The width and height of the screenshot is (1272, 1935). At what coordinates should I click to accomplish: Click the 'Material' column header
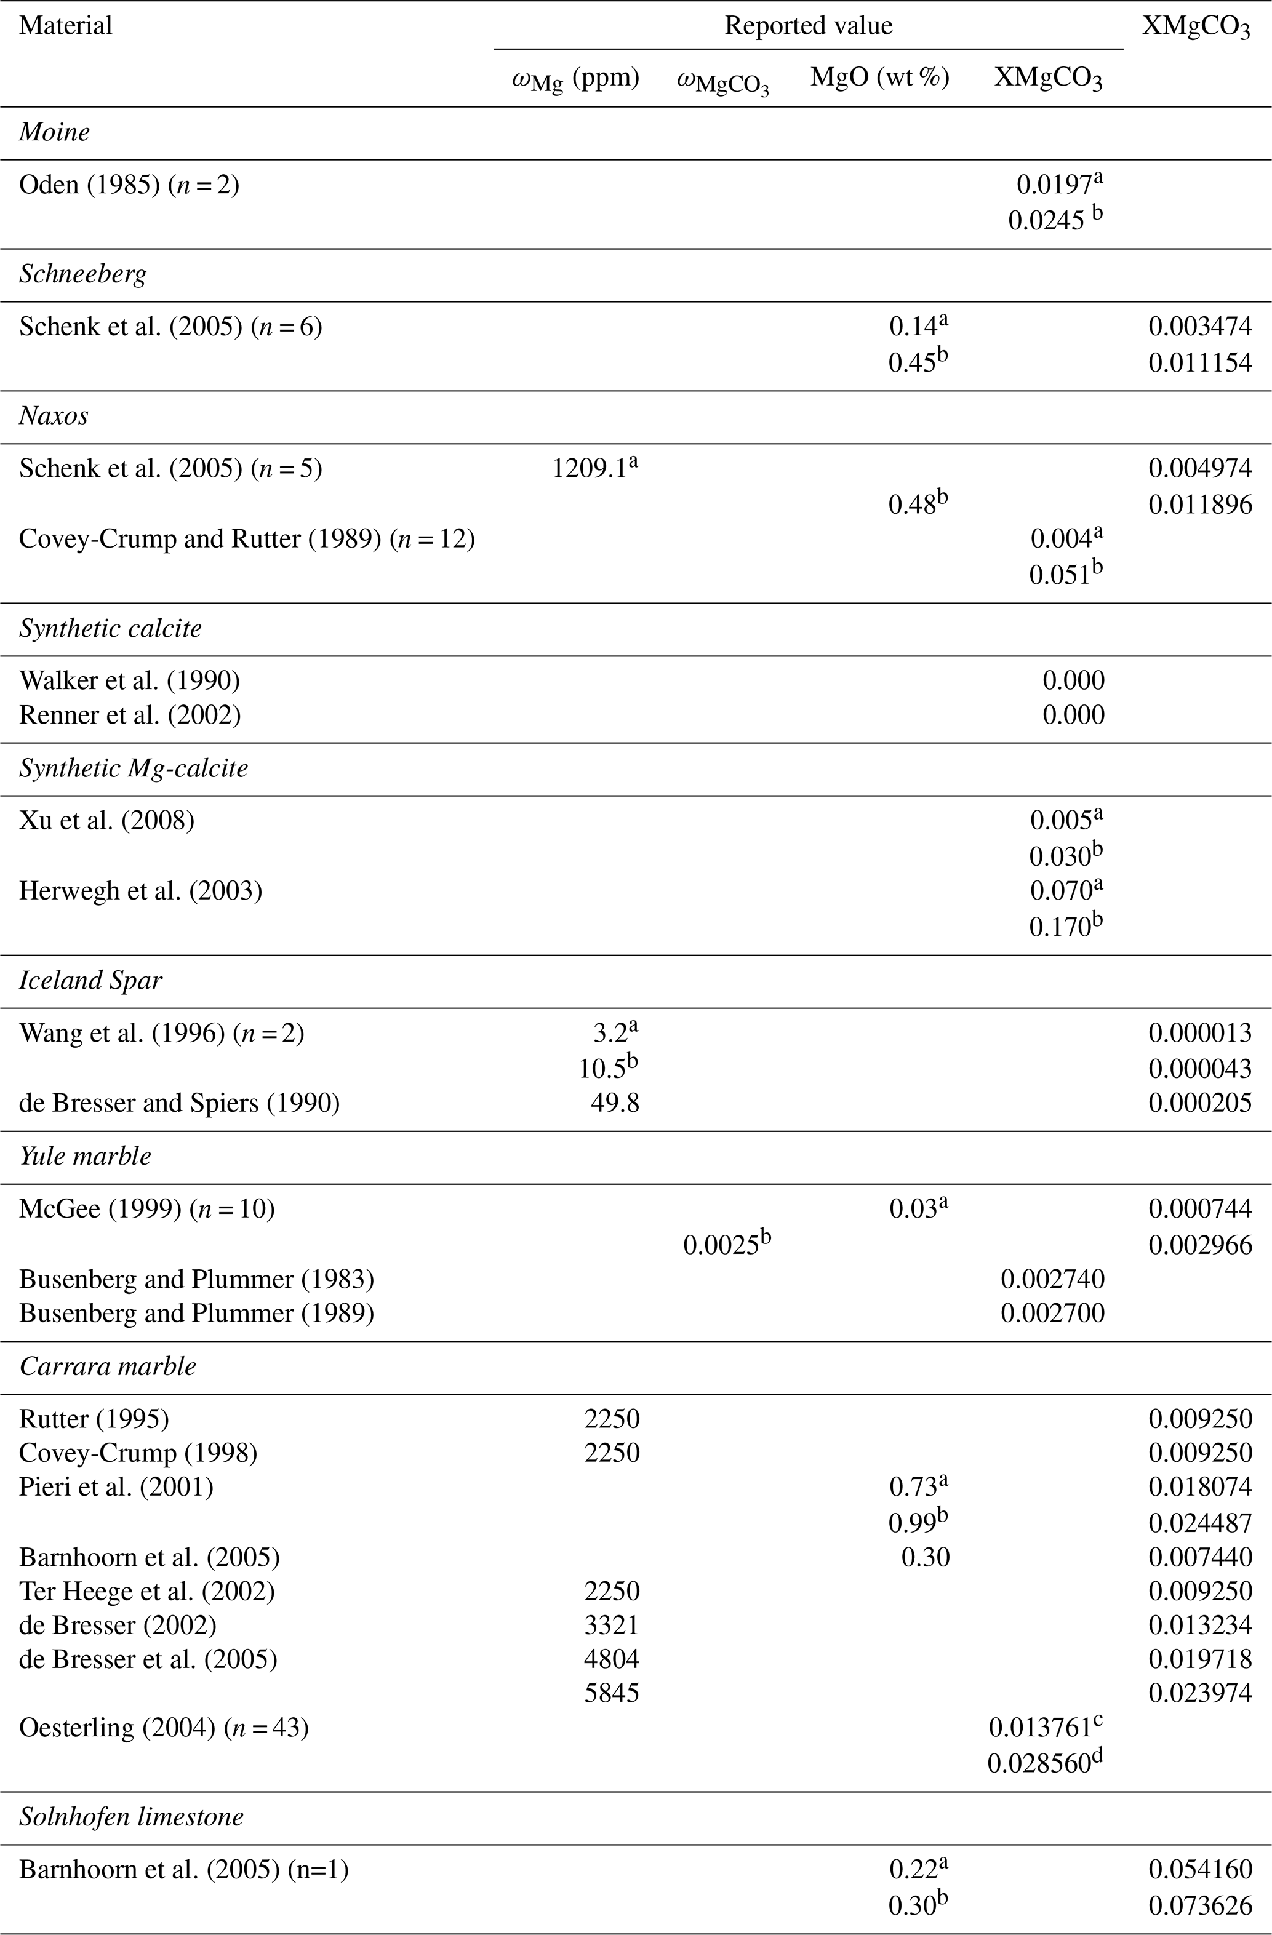coord(66,25)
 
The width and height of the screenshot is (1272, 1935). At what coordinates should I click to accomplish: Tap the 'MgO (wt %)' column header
coord(879,78)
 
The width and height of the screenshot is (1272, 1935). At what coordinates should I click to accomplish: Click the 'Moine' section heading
coord(55,132)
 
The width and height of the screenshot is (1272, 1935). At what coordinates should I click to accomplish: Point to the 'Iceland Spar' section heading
coord(90,981)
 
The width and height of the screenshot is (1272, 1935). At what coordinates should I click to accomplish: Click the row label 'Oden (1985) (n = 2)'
coord(129,185)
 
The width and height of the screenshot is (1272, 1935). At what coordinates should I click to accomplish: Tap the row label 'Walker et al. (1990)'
coord(129,680)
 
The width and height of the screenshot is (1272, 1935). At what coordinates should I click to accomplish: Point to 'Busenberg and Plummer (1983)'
coord(196,1279)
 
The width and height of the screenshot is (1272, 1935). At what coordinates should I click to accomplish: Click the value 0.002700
coord(1052,1313)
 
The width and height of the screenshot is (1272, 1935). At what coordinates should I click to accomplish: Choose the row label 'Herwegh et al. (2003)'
coord(141,891)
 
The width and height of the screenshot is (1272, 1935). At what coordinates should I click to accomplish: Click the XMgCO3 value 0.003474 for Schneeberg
coord(1199,327)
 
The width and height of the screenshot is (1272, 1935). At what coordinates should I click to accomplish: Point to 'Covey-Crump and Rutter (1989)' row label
coord(246,539)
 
